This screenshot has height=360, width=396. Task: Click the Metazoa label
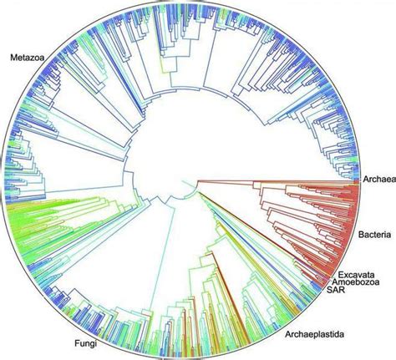pos(26,58)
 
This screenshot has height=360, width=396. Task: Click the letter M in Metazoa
pos(13,58)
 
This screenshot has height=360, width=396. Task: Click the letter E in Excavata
pos(342,274)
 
